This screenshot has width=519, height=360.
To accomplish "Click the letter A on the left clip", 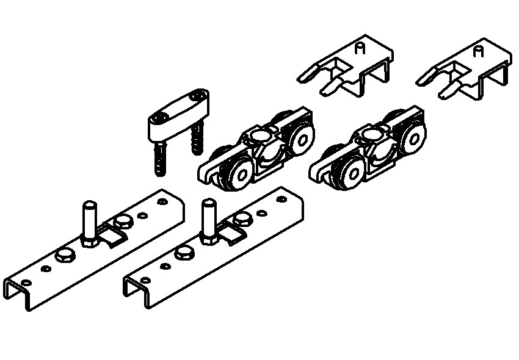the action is (360, 49).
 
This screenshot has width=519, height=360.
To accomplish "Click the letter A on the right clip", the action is (478, 52).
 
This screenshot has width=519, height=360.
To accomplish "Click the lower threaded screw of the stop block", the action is (160, 157).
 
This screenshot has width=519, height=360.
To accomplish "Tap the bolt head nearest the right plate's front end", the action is (183, 253).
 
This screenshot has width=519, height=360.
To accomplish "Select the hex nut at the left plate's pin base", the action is (90, 242).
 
